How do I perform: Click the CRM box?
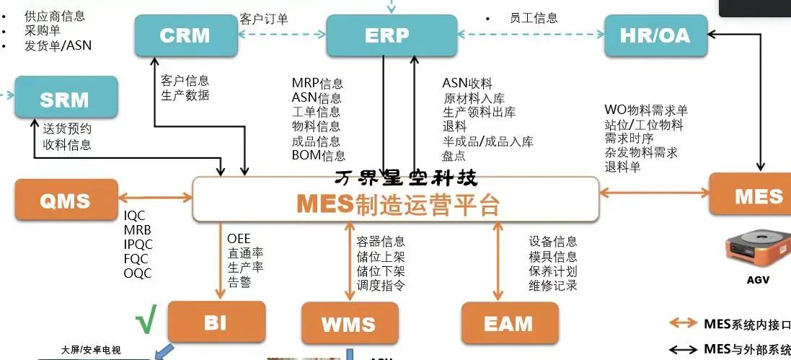185,35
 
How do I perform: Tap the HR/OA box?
655,35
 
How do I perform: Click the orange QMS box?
65,200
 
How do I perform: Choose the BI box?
216,322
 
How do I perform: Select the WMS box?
349,324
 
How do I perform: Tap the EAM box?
508,324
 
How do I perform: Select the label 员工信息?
533,18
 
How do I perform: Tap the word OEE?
239,239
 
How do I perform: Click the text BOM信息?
318,155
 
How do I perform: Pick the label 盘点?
454,155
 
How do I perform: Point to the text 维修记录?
553,285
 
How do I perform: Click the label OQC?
137,273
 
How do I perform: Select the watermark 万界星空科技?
406,176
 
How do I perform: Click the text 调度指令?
381,285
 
